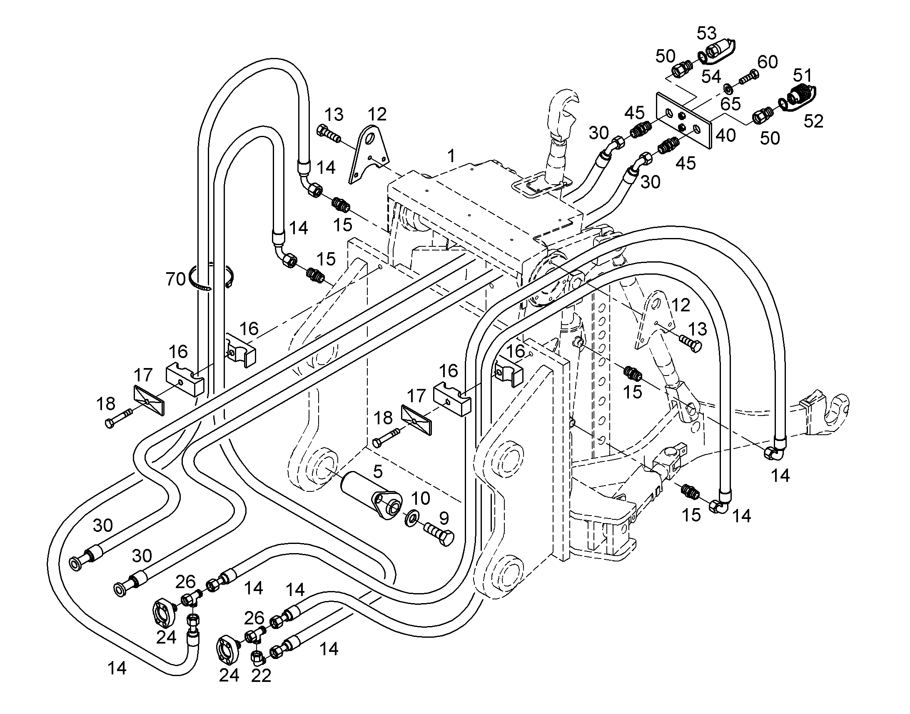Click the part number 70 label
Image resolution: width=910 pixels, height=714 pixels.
[x=175, y=279]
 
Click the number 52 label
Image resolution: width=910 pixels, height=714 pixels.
[x=813, y=121]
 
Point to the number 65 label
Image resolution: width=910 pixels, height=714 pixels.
[x=730, y=103]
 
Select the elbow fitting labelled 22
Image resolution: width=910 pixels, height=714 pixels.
[x=257, y=659]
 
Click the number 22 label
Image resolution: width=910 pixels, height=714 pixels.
[x=261, y=676]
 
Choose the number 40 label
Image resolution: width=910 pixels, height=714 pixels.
[x=726, y=135]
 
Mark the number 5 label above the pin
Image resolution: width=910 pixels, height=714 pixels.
[x=377, y=471]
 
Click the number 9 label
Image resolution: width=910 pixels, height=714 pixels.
[x=444, y=518]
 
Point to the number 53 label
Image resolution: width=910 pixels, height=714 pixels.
[x=706, y=33]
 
